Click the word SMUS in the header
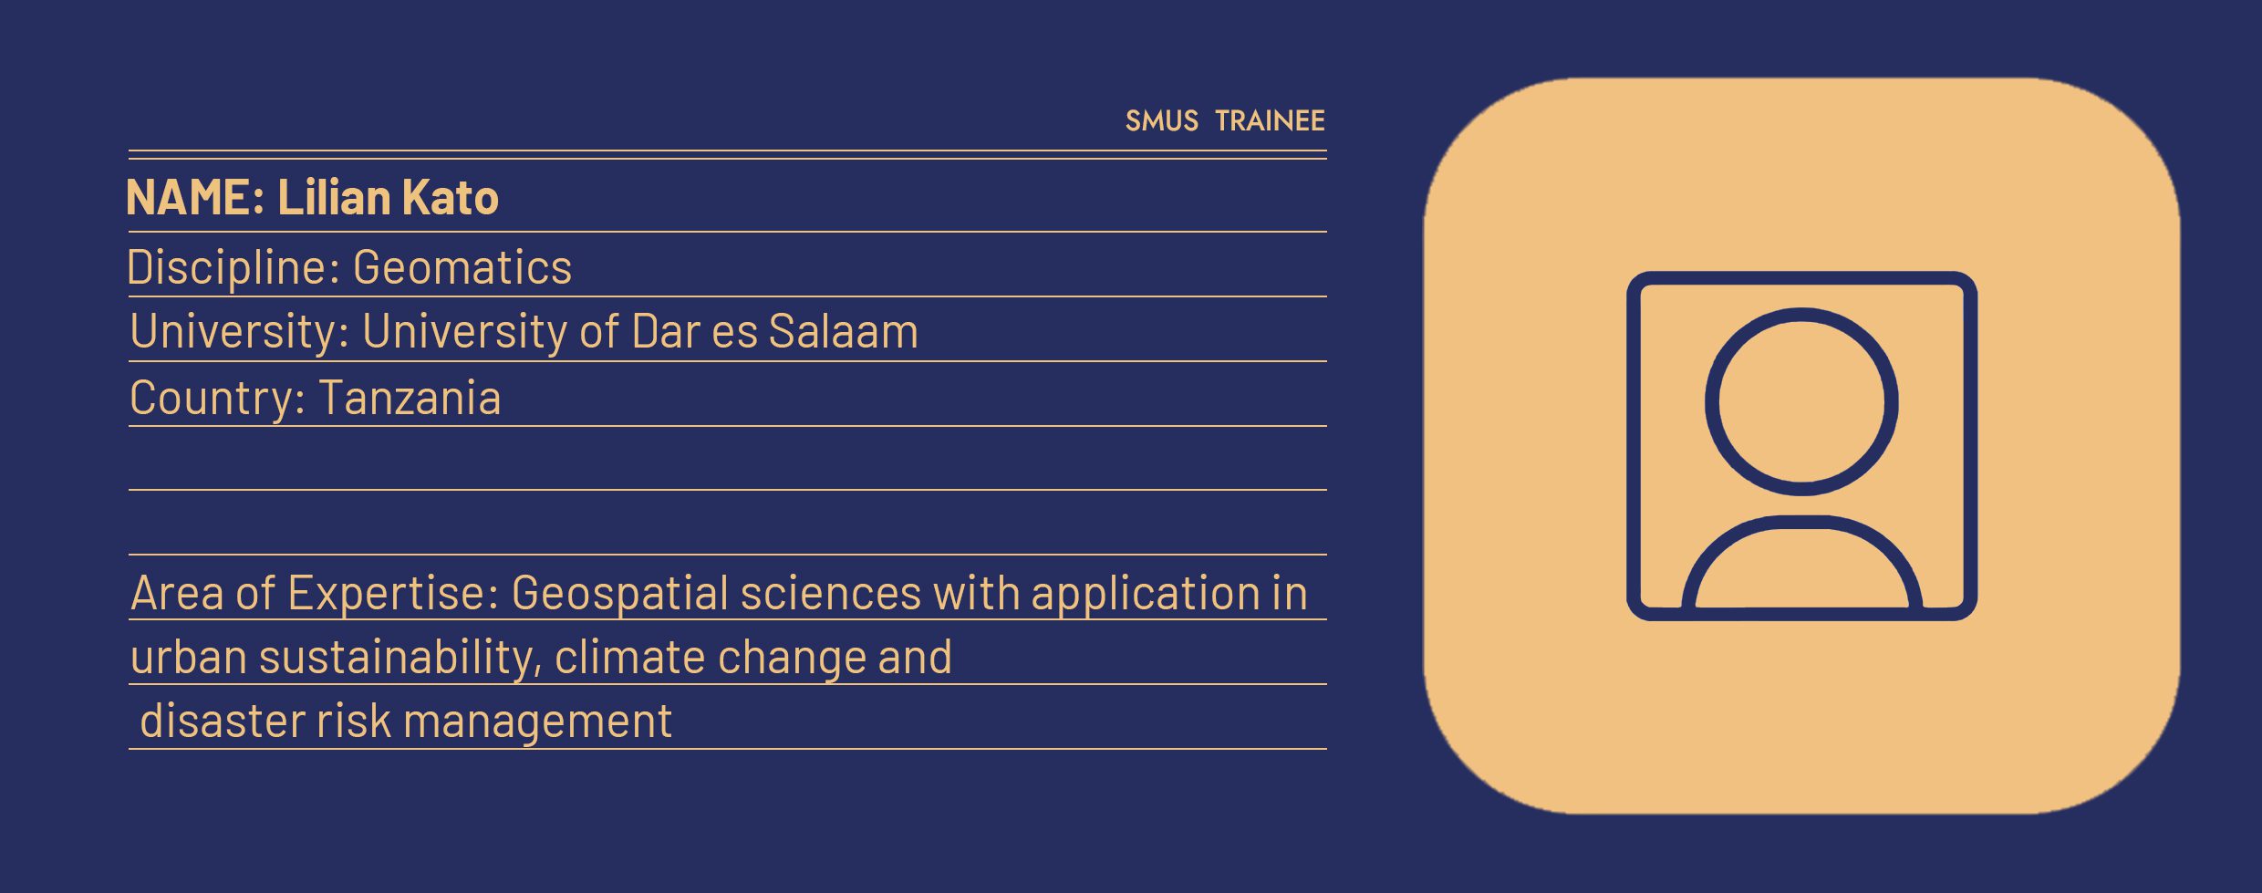coord(1161,120)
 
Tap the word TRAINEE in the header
coord(1270,120)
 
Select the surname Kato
coord(450,197)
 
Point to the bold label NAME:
coord(195,197)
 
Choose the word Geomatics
coord(462,267)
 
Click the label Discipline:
coord(233,267)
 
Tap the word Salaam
coord(843,331)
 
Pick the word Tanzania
coord(410,398)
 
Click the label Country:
coord(217,399)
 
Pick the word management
coord(537,722)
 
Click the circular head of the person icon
coord(1801,315)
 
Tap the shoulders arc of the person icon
coord(1801,523)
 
